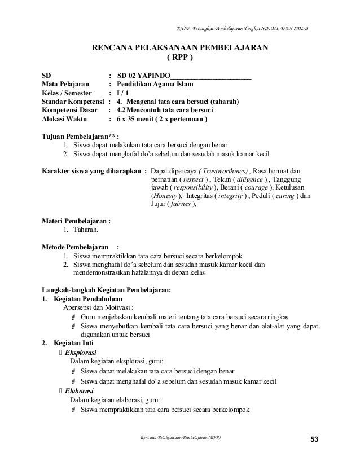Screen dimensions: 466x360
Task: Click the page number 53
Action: pos(314,439)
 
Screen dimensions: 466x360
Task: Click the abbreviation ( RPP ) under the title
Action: pos(180,57)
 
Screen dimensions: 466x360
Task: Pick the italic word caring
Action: pos(269,196)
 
